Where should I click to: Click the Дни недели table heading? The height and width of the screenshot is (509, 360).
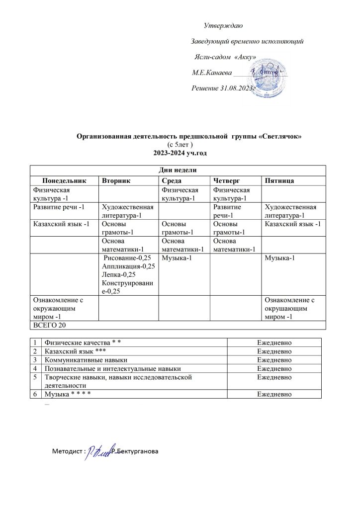pyautogui.click(x=177, y=170)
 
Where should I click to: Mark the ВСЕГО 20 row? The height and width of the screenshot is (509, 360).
pyautogui.click(x=49, y=325)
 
